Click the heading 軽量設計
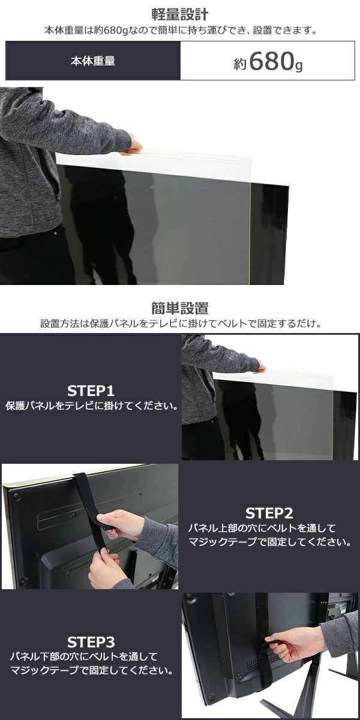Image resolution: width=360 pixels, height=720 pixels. pos(179,14)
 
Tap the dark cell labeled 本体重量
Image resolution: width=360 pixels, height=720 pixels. pos(93,61)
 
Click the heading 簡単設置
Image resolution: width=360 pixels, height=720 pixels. pos(179,308)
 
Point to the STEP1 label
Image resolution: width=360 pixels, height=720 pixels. pos(91,391)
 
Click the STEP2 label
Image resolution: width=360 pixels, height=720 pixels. pos(269,513)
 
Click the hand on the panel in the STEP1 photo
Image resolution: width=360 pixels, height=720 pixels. pos(259,367)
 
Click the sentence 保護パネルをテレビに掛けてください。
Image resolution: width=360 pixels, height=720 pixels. pos(92,406)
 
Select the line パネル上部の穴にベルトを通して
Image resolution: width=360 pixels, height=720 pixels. pos(262,528)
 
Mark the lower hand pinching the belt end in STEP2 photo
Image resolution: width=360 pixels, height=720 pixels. pos(106,569)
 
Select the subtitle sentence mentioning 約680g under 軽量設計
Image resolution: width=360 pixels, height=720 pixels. pos(181,31)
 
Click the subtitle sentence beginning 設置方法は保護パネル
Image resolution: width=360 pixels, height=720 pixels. pos(181,323)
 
